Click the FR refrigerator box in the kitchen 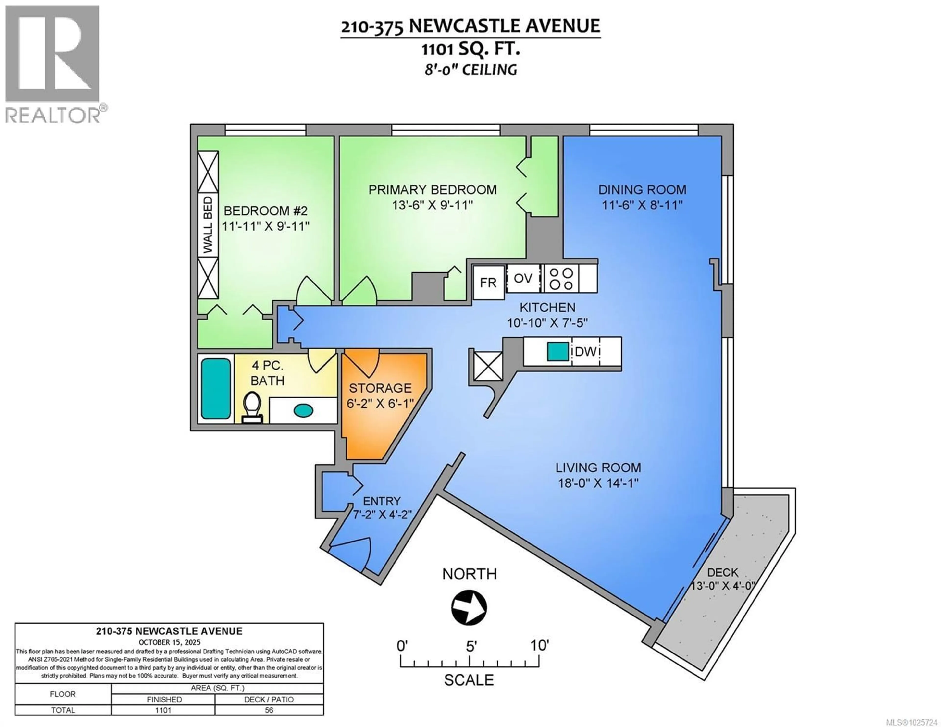(488, 283)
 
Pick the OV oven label (523, 278)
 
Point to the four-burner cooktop (561, 278)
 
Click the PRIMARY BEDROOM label (432, 190)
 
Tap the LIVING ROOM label (598, 468)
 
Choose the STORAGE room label (380, 388)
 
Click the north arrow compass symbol (469, 608)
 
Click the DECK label (723, 573)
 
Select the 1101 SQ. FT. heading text (470, 49)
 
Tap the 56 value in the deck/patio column (269, 710)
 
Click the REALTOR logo (53, 64)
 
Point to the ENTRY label (381, 501)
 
